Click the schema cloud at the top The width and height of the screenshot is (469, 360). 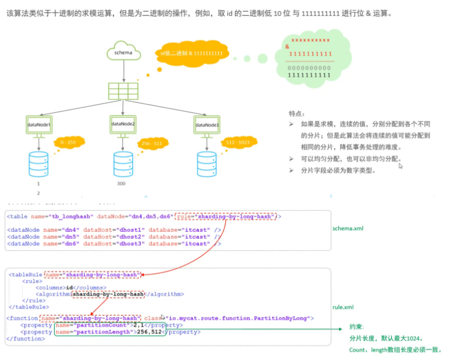[x=123, y=53]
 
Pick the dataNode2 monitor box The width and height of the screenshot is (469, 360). [x=123, y=124]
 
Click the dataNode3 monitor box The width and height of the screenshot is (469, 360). [x=207, y=125]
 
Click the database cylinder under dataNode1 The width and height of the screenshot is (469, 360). [x=39, y=165]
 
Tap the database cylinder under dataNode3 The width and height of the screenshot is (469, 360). [x=207, y=165]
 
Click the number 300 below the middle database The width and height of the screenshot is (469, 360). [x=121, y=184]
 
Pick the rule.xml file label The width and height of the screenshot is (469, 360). [x=344, y=307]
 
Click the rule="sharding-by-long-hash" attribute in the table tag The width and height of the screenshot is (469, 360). [x=226, y=217]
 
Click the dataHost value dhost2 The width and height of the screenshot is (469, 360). [x=133, y=236]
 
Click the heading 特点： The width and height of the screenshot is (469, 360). [x=298, y=113]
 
